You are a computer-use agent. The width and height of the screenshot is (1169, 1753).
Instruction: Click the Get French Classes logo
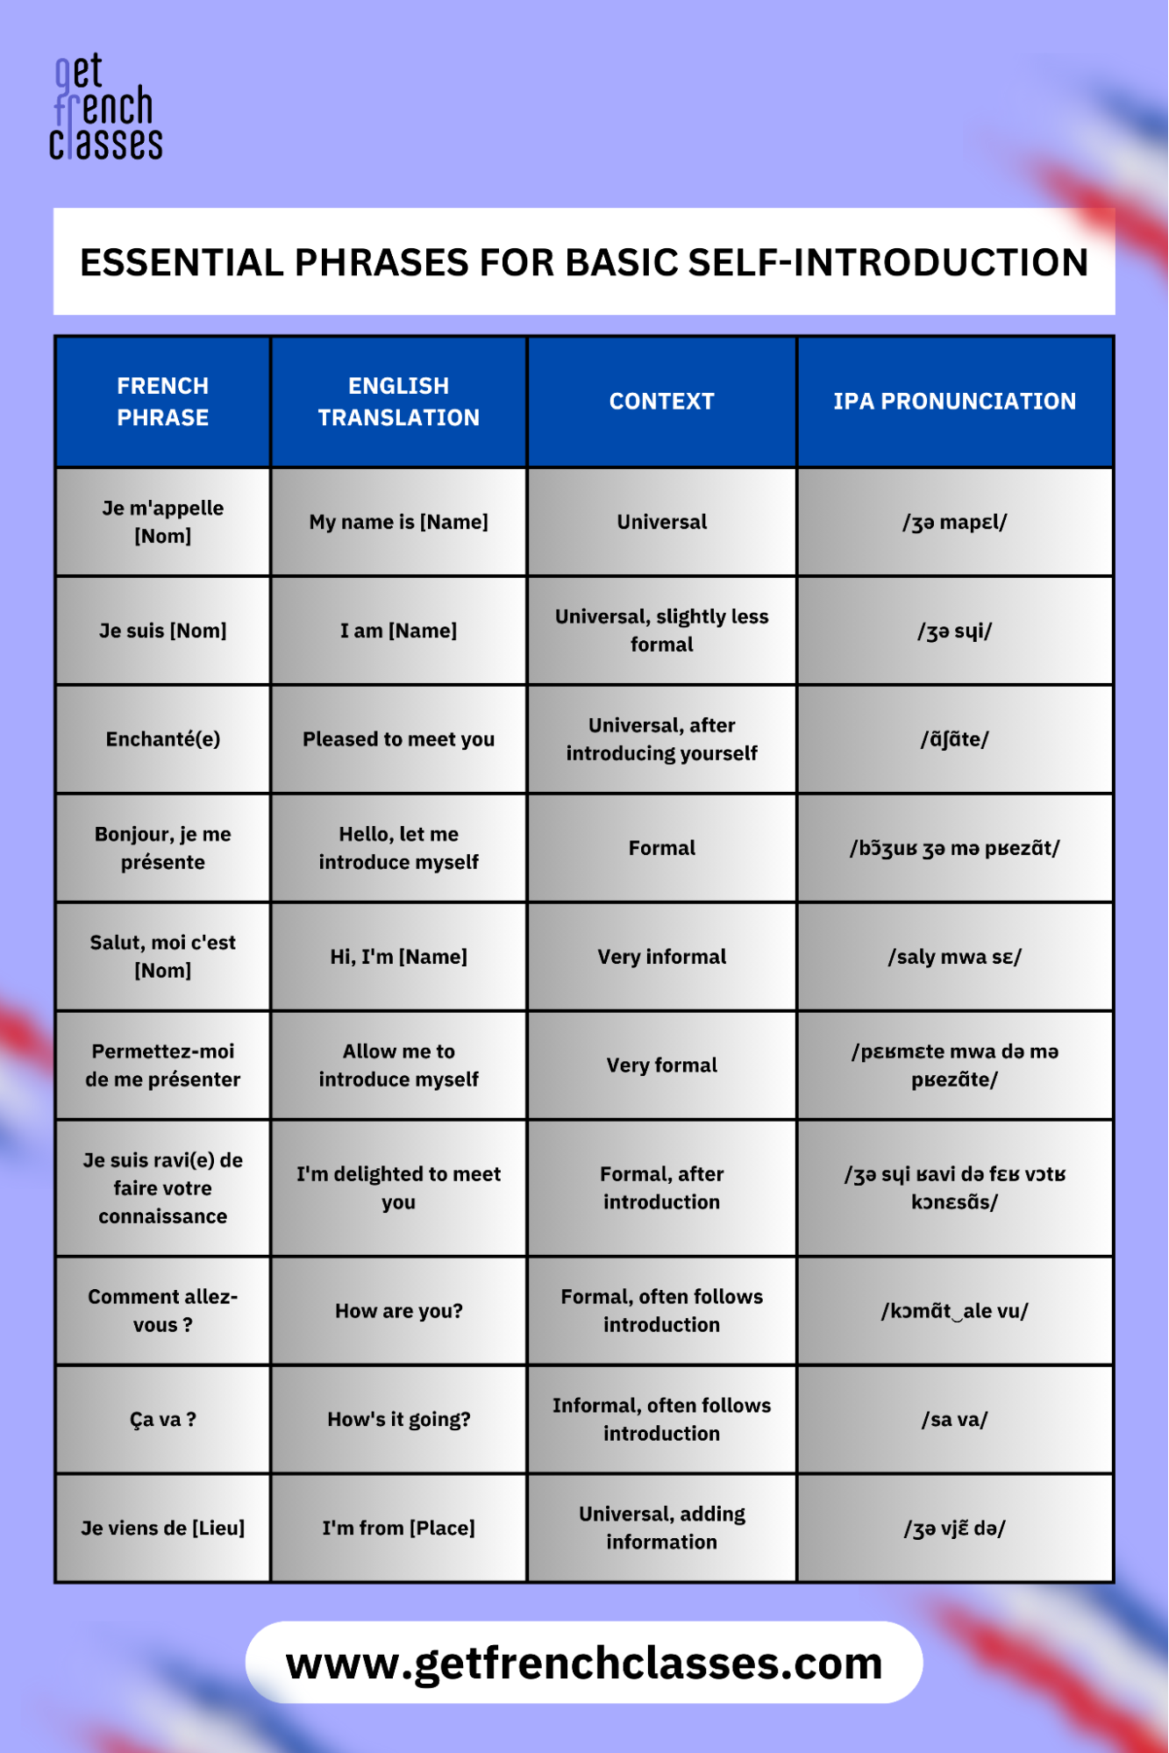coord(105,108)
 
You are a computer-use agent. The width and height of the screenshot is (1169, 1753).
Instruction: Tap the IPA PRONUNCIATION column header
coord(954,402)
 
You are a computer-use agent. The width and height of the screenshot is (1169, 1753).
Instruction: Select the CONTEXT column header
coord(661,402)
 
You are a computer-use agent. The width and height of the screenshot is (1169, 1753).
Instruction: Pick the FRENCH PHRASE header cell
coord(163,402)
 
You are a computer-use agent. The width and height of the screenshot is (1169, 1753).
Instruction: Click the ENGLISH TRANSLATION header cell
coord(398,402)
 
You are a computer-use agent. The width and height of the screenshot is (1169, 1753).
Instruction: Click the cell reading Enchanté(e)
coord(163,739)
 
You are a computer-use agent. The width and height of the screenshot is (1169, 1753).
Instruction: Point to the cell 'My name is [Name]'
coord(398,522)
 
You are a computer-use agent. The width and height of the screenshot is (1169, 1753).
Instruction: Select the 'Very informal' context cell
coord(661,957)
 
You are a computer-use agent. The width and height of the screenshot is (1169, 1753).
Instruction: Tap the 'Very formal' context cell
coord(661,1065)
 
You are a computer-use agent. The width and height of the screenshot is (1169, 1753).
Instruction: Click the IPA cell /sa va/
coord(954,1420)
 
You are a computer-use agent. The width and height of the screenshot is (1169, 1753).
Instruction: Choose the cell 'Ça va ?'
coord(163,1420)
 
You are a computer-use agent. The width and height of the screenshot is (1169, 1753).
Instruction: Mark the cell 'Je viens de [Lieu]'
coord(163,1529)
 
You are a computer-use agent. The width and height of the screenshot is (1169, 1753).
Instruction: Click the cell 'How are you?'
coord(398,1311)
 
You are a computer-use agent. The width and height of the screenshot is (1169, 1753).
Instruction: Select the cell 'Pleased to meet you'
coord(398,739)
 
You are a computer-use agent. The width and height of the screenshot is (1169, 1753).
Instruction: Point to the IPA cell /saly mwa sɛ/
coord(954,957)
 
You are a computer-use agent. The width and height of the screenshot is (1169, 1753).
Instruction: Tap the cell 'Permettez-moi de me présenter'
coord(163,1065)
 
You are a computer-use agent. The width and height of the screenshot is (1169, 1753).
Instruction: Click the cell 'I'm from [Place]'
coord(398,1529)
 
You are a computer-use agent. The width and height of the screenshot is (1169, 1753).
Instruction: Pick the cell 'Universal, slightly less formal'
coord(661,631)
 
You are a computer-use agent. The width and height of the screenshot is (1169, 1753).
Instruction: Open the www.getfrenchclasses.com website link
coord(584,1663)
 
